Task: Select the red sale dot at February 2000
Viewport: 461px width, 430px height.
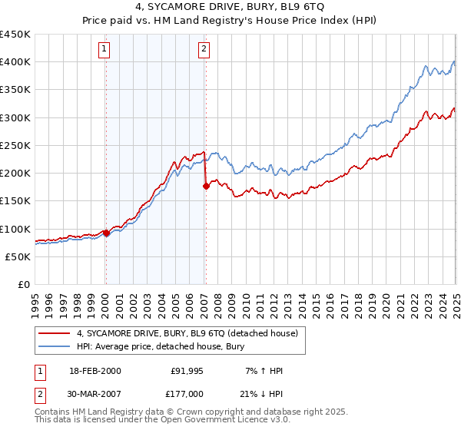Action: click(x=106, y=233)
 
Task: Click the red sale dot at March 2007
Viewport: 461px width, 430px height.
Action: click(x=206, y=186)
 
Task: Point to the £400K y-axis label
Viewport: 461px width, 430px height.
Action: click(x=15, y=62)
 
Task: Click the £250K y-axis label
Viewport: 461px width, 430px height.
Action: click(x=15, y=145)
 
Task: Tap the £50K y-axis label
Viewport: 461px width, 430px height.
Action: click(x=18, y=256)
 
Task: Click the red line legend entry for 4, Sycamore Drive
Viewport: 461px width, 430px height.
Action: click(x=191, y=332)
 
